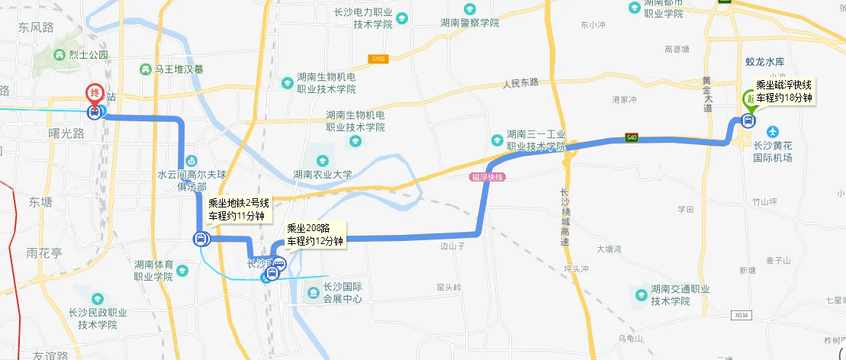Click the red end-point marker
[x=95, y=94]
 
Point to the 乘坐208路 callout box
[x=315, y=235]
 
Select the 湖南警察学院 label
[x=469, y=23]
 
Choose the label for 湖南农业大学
[x=323, y=175]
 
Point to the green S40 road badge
[x=631, y=138]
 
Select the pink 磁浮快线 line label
[x=488, y=177]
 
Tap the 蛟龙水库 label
[x=764, y=61]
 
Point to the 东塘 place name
[x=40, y=202]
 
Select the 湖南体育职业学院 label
[x=163, y=270]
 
